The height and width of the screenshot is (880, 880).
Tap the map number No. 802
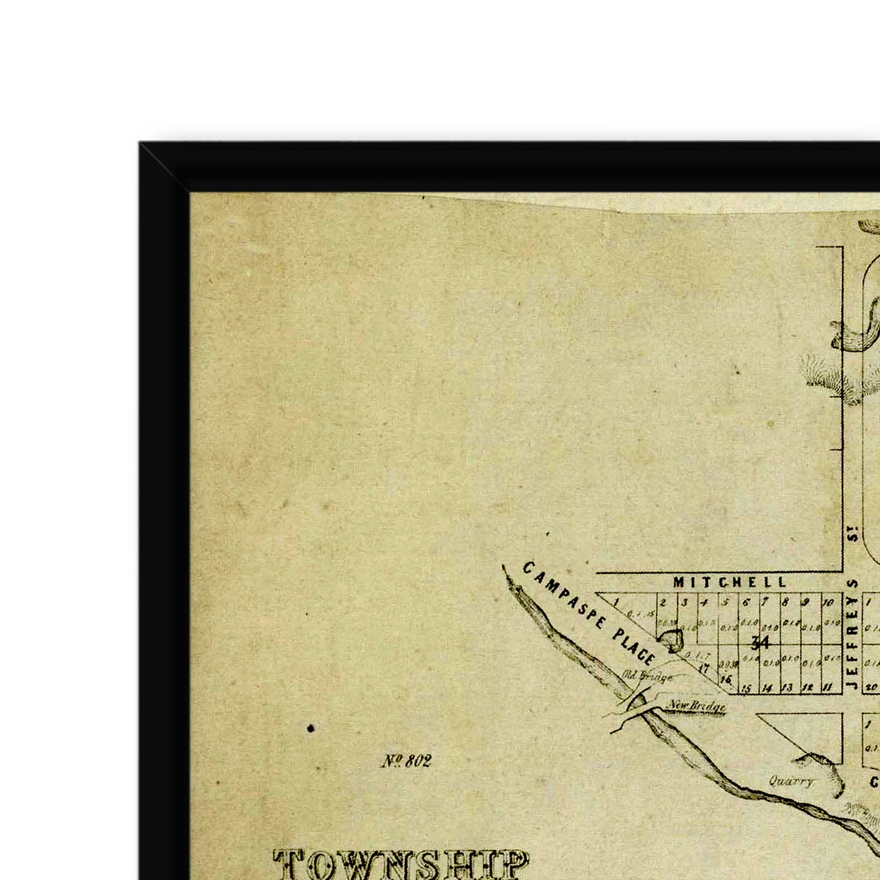tap(406, 761)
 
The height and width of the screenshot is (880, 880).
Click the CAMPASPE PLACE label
tap(588, 613)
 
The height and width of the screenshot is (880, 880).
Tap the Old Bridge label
tap(648, 676)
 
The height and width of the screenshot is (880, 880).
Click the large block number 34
tap(760, 642)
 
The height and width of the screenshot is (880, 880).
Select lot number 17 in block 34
tap(703, 669)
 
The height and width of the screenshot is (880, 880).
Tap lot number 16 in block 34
tap(726, 680)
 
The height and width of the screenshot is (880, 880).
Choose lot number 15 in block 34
tap(746, 688)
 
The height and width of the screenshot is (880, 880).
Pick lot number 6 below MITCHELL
tap(746, 602)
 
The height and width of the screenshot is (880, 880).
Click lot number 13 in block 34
tap(788, 687)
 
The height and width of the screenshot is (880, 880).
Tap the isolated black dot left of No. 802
tap(311, 729)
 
